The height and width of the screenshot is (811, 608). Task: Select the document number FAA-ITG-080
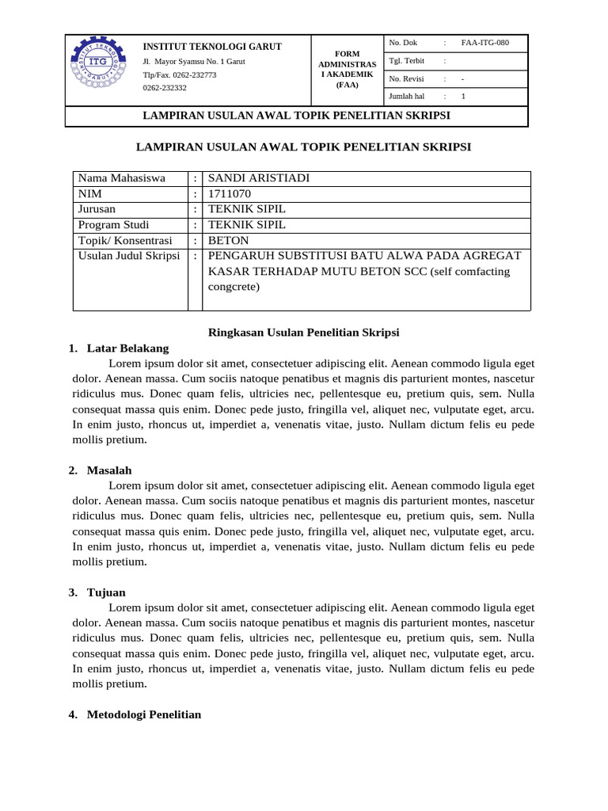click(484, 43)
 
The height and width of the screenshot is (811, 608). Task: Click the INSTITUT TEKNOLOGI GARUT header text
click(211, 47)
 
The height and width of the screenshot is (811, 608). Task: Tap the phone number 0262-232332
click(165, 88)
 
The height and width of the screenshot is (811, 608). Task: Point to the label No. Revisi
click(407, 78)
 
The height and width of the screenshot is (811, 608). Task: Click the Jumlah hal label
click(407, 97)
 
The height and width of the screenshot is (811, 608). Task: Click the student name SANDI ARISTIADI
click(258, 178)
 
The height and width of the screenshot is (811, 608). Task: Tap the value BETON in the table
click(228, 240)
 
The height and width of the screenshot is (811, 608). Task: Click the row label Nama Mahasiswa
click(121, 178)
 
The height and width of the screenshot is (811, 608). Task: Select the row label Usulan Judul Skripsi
click(129, 256)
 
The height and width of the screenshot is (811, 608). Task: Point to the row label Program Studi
click(116, 225)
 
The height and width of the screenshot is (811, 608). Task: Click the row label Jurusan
click(97, 209)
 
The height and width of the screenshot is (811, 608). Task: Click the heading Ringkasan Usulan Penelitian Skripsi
click(303, 333)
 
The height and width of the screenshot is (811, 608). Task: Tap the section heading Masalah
click(109, 470)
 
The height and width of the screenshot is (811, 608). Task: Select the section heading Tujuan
click(106, 592)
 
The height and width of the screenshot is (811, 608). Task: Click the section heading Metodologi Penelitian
click(144, 714)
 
